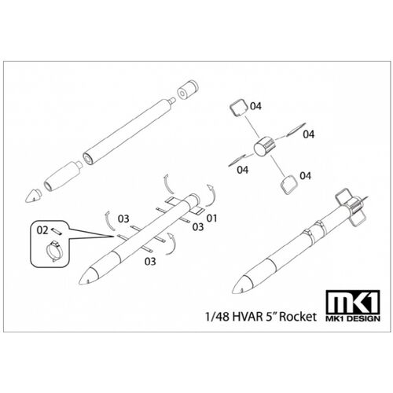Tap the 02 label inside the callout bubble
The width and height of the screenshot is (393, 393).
click(44, 230)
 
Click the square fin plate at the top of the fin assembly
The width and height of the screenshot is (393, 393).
click(238, 108)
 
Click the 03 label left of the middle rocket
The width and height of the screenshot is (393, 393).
click(123, 217)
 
